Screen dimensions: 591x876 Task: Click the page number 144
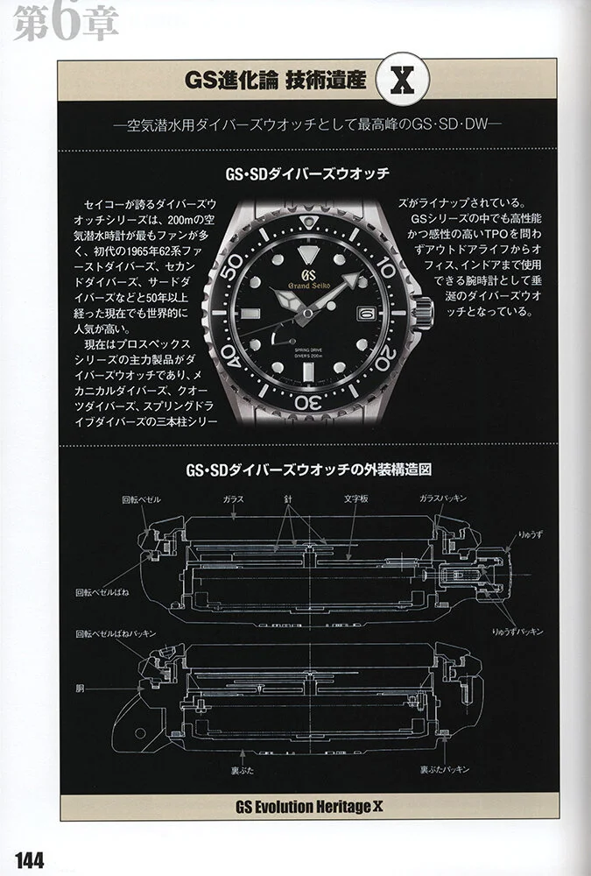[30, 860]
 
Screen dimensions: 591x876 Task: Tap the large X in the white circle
[403, 81]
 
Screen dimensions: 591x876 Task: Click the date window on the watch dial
[366, 314]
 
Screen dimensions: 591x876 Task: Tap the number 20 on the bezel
[386, 358]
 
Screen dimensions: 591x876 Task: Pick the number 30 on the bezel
[308, 402]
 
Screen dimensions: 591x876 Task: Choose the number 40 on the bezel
[231, 357]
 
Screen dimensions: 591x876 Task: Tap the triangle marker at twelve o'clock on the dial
[307, 254]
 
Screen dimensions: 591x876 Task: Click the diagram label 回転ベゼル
[141, 499]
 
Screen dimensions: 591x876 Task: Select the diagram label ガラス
[234, 499]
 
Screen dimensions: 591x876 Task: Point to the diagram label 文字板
[355, 498]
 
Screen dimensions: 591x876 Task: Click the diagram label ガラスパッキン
[442, 498]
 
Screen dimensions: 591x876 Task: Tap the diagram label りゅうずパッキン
[517, 632]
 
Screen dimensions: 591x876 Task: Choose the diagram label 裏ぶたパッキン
[445, 770]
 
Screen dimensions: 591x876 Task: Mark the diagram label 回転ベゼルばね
[102, 592]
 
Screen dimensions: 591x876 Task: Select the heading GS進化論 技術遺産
[276, 81]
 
